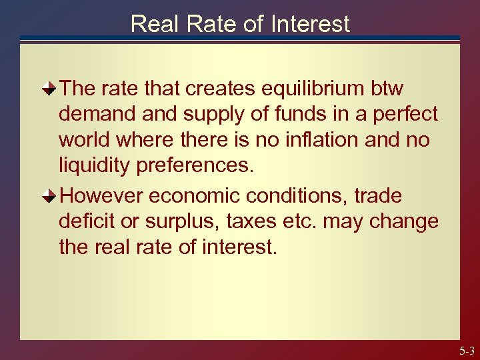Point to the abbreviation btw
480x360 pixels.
pyautogui.click(x=386, y=89)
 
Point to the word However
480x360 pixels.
pyautogui.click(x=101, y=197)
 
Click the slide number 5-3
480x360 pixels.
pyautogui.click(x=467, y=351)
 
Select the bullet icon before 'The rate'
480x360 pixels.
pyautogui.click(x=49, y=89)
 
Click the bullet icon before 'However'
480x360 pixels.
pyautogui.click(x=49, y=197)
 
